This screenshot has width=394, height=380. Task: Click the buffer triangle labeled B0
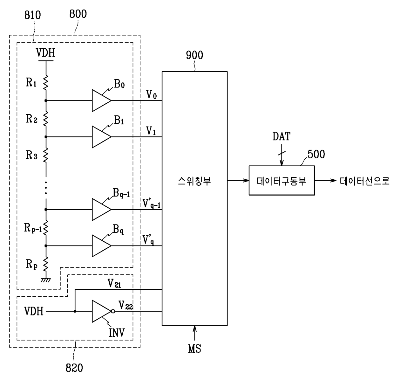[x=101, y=100]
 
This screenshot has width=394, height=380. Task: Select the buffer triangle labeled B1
[x=101, y=137]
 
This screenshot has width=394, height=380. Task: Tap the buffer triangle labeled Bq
[x=101, y=245]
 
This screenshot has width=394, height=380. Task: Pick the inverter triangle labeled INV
[x=101, y=311]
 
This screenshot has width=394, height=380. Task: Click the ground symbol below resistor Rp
[x=46, y=280]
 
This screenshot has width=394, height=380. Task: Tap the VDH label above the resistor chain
[x=45, y=52]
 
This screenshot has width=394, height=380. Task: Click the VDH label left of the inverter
[x=34, y=311]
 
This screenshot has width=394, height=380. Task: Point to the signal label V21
[x=114, y=283]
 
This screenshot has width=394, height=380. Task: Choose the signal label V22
[x=126, y=305]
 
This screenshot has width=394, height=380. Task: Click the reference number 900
[x=194, y=55]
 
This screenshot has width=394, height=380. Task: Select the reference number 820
[x=74, y=368]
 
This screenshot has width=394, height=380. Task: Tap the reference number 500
[x=316, y=155]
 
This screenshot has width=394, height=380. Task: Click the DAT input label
[x=282, y=136]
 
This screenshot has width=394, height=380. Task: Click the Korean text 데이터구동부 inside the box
[x=282, y=181]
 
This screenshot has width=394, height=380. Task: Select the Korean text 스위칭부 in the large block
[x=194, y=181]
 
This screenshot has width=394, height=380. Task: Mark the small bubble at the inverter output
[x=113, y=311]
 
